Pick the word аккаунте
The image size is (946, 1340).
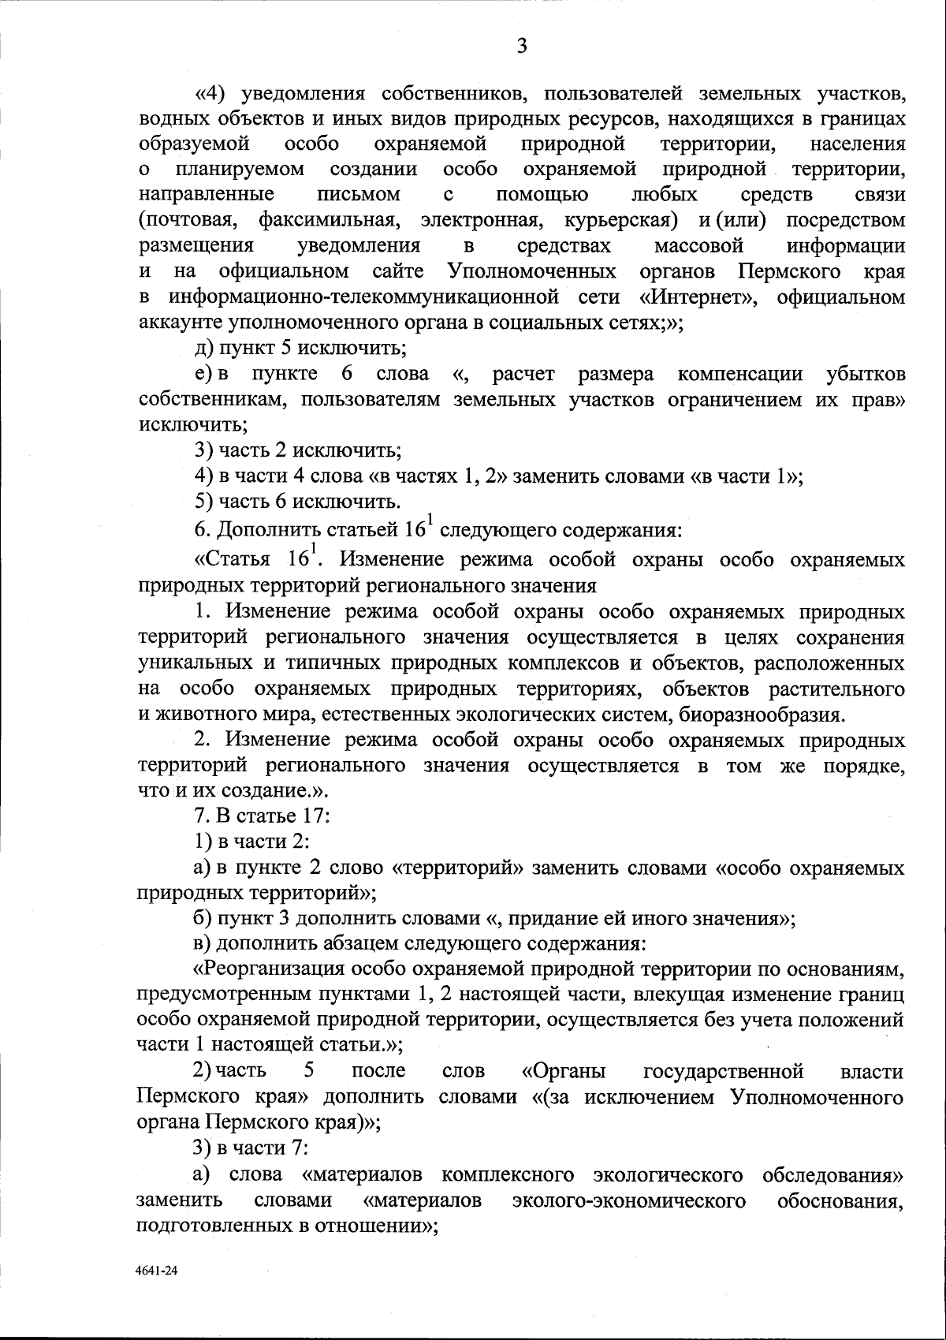click(x=181, y=323)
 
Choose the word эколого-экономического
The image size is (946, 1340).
click(x=629, y=1200)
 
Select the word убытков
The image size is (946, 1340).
click(x=866, y=374)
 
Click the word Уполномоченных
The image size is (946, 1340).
click(x=531, y=272)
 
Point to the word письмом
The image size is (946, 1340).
click(x=359, y=194)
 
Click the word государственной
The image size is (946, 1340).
click(x=724, y=1071)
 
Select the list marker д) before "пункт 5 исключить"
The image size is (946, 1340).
click(x=204, y=348)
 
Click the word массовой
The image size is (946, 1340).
click(x=699, y=246)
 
